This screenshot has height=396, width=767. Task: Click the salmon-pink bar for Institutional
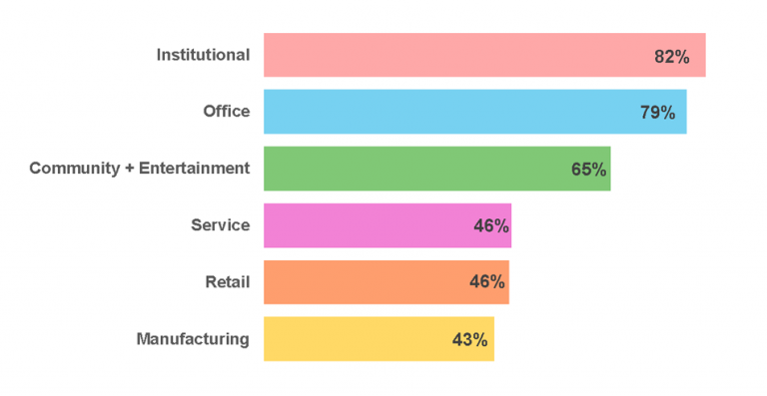pos(449,55)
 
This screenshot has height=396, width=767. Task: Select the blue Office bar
pos(439,112)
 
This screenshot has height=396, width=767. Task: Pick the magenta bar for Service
pos(365,225)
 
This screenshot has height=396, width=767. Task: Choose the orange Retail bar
pos(360,282)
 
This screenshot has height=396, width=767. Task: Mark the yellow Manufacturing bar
pos(350,339)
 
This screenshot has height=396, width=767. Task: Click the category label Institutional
pos(203,55)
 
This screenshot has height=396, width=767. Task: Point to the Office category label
pos(227,112)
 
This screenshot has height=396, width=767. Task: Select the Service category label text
pos(221,225)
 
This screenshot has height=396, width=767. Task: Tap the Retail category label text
pos(228,282)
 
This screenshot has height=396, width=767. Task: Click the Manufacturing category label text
pos(193,339)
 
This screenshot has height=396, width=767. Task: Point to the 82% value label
pos(672,57)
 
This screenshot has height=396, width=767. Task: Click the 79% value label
pos(657,113)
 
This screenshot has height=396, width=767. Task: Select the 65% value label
pos(589,170)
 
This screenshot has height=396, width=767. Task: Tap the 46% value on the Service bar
pos(491,226)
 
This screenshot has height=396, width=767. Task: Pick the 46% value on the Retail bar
pos(487,283)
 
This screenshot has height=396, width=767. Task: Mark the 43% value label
pos(469,340)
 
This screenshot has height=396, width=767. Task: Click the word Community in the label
pos(75,169)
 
